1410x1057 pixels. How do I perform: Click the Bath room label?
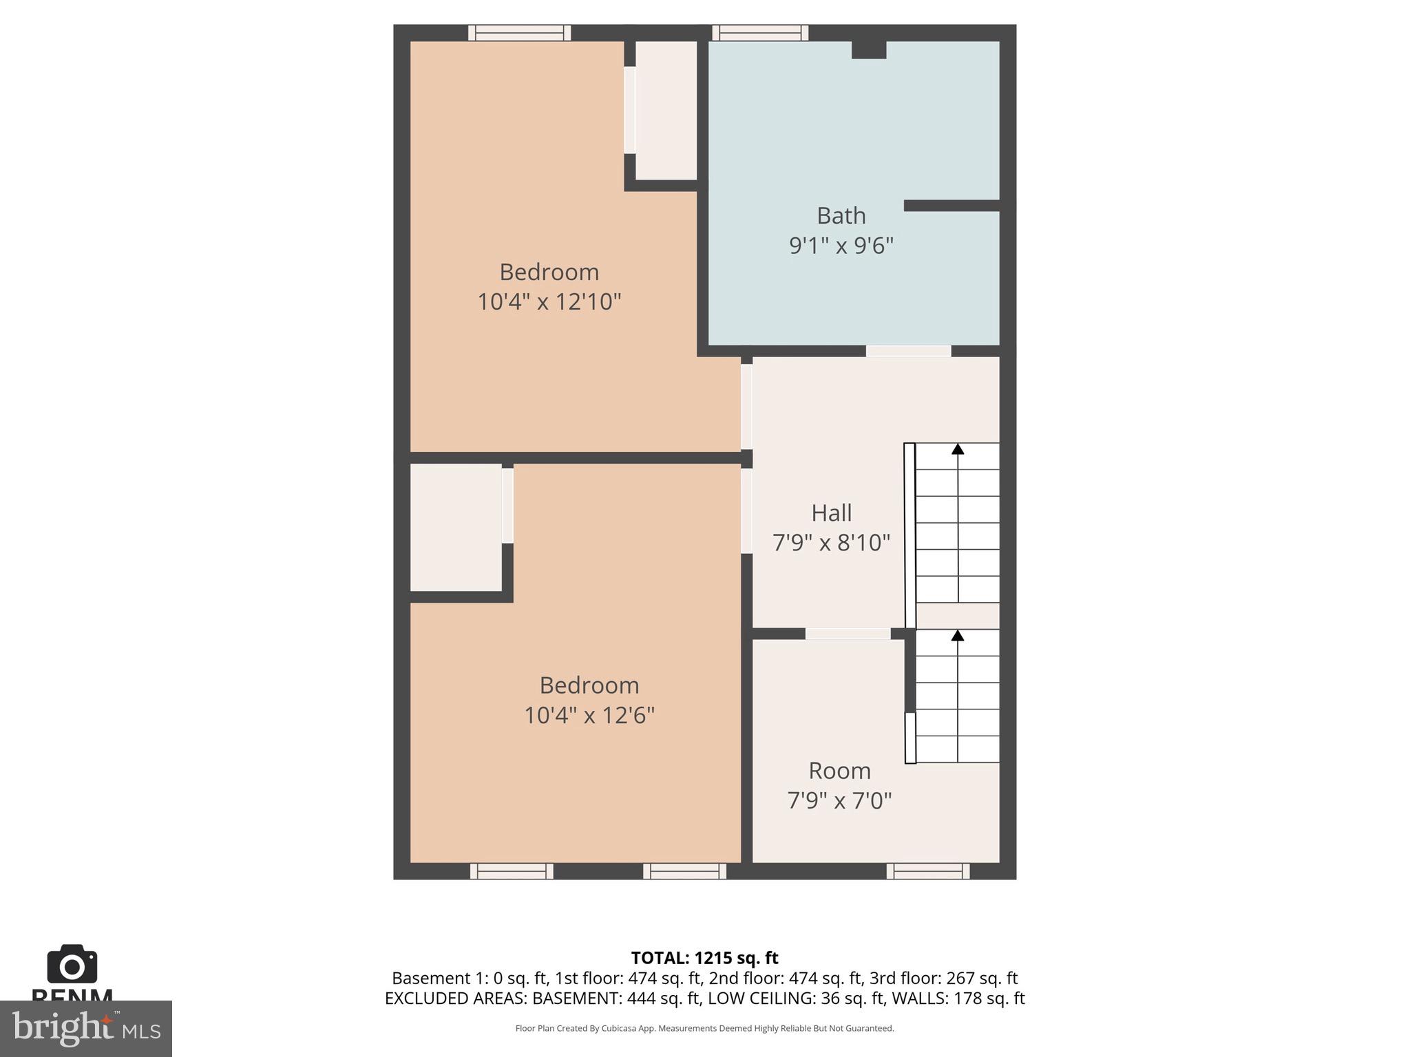[x=841, y=216]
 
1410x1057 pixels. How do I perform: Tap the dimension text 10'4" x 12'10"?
[x=549, y=301]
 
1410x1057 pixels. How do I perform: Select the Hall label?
[x=831, y=513]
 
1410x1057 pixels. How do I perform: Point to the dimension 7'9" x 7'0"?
[x=839, y=800]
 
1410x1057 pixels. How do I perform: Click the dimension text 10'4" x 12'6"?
[x=589, y=715]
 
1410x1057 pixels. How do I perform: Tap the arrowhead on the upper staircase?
[x=958, y=449]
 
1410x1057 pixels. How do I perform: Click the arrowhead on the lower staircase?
[x=958, y=635]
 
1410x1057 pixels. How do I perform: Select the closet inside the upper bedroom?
[x=665, y=110]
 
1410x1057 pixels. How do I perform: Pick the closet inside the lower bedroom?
[x=456, y=527]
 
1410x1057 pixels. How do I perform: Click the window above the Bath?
[x=760, y=32]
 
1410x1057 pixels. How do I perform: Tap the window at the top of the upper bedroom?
[x=520, y=32]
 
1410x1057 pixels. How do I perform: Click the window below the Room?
[x=928, y=871]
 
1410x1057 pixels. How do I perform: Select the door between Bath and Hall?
[x=908, y=351]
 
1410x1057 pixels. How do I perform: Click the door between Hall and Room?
[x=848, y=634]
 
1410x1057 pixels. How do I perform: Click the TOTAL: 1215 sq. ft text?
[x=704, y=958]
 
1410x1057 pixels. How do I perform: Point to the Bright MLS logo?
[x=85, y=1029]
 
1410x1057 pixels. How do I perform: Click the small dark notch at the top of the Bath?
[x=869, y=50]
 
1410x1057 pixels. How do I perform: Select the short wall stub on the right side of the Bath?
[x=951, y=206]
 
